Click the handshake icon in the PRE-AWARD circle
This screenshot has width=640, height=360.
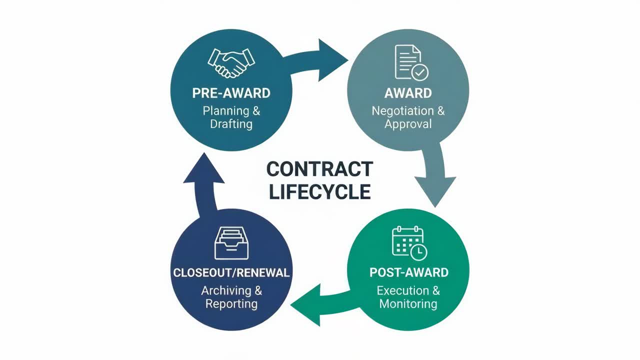coord(230,62)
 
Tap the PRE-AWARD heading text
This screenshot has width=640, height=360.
coord(231,93)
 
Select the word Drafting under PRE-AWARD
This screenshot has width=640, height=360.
coord(231,123)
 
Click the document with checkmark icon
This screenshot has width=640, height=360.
coord(411,62)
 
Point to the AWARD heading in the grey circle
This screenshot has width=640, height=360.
coord(408,93)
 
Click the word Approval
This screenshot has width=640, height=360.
coord(408,123)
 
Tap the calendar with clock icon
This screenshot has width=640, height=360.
coord(409,243)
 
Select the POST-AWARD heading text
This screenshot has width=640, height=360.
coord(408,272)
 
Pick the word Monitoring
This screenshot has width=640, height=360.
coord(408,303)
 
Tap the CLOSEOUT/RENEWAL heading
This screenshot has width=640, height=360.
coord(231,273)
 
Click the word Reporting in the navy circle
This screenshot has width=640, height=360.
coord(231,303)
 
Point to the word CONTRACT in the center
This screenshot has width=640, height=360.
coord(319,169)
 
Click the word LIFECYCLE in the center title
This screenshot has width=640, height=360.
coord(319,192)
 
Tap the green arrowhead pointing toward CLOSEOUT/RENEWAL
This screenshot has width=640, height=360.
coord(305,304)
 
